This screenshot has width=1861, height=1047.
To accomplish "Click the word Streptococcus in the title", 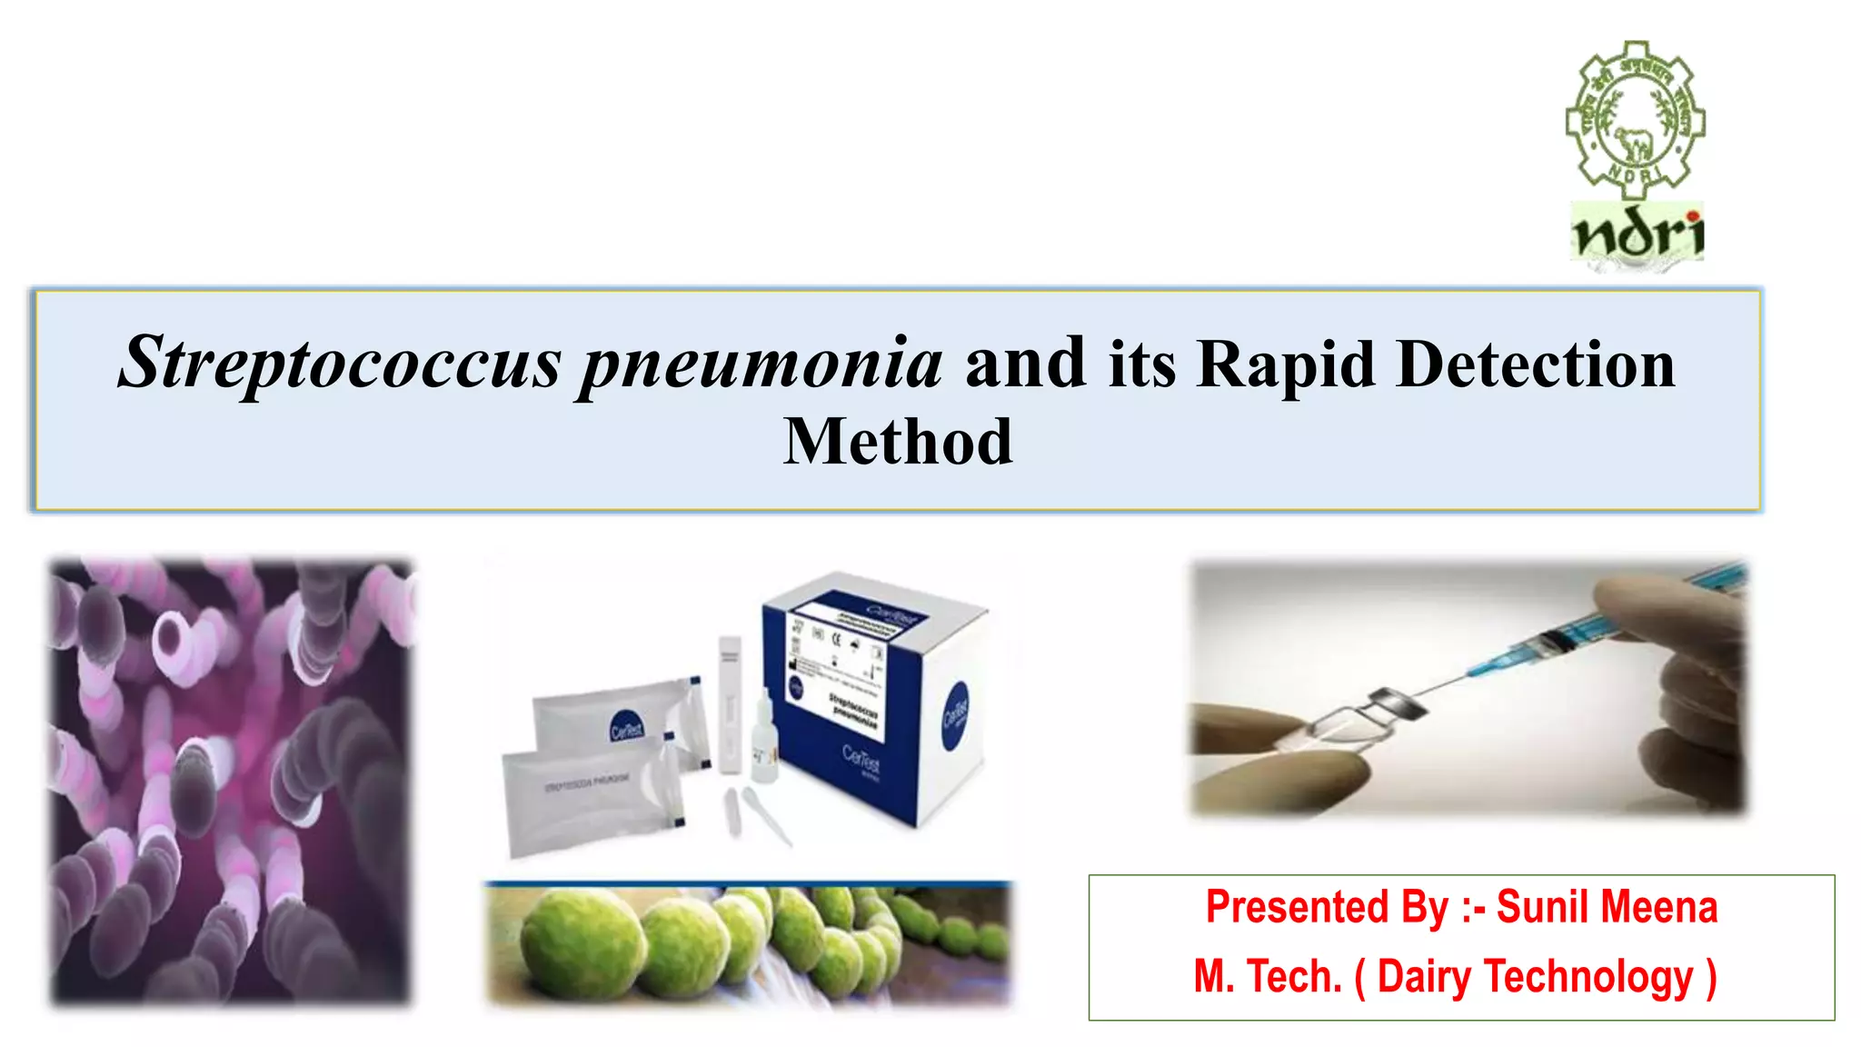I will (340, 364).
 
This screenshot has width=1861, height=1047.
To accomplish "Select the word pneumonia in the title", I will (761, 364).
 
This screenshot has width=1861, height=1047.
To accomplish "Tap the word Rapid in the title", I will (1285, 364).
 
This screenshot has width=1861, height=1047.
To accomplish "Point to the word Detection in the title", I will (1536, 364).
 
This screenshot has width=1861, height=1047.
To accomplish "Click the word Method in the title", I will (898, 442).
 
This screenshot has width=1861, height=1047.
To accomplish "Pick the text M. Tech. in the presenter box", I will (1268, 977).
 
